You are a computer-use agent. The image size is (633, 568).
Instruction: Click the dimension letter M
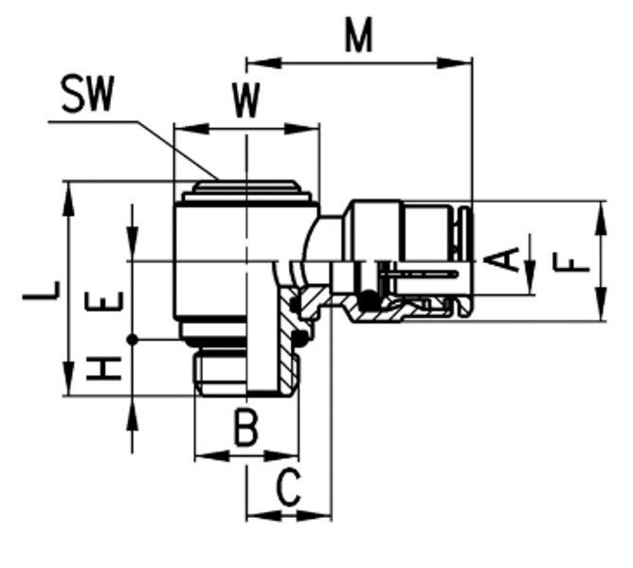tap(358, 36)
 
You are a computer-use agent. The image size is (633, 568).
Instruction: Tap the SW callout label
tap(87, 94)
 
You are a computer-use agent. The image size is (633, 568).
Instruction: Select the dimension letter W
tap(246, 101)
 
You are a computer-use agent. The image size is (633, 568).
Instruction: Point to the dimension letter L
tap(41, 291)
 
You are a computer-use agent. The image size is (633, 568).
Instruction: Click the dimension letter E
tap(104, 301)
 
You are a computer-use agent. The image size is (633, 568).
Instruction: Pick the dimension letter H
tap(104, 368)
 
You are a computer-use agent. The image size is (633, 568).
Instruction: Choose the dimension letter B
tap(245, 428)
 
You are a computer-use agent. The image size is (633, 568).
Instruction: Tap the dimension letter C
tap(289, 488)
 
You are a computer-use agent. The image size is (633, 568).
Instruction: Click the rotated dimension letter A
tap(501, 259)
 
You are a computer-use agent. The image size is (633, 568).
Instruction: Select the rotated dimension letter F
tap(572, 263)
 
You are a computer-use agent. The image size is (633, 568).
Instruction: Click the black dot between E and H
tap(132, 340)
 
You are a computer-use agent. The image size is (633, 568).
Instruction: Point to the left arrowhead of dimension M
tap(263, 62)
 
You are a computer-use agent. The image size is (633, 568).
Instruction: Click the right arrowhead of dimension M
tap(455, 62)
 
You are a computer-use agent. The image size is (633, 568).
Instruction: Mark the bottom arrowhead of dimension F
tap(601, 304)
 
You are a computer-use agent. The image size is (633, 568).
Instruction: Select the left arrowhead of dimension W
tap(191, 129)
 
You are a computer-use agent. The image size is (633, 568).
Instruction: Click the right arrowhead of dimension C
tap(314, 516)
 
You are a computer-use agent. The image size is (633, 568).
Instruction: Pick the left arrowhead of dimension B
tap(212, 456)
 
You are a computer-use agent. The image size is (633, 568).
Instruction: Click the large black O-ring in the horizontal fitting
tap(369, 300)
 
